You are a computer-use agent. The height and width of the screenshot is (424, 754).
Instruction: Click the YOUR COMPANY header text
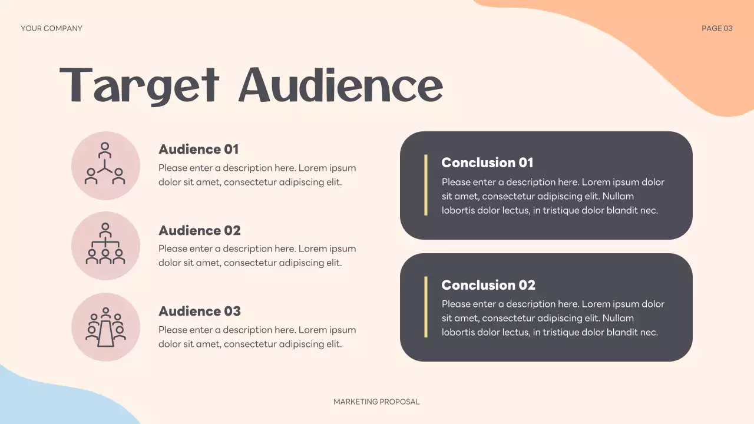[x=51, y=28]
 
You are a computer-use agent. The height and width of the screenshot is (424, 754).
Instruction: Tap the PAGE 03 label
[x=717, y=28]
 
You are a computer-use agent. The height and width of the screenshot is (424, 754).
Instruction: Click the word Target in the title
[x=140, y=87]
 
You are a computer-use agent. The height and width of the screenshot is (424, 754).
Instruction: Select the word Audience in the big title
[x=340, y=85]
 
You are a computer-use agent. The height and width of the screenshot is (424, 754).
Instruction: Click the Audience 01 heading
[x=199, y=150]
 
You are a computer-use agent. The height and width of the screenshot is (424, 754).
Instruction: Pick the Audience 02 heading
[x=200, y=230]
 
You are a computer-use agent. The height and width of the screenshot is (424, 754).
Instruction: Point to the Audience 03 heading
[x=200, y=311]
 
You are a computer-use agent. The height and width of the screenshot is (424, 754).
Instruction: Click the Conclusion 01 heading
[x=487, y=163]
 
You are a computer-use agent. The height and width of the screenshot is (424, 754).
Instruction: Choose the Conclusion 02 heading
[x=488, y=285]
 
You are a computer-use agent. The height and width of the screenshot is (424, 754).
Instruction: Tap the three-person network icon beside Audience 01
[x=105, y=165]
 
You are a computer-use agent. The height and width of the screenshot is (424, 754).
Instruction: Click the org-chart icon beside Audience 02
[x=105, y=246]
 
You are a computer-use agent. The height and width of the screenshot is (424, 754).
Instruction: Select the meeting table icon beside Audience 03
[x=105, y=327]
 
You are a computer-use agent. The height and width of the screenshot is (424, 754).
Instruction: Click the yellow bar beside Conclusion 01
[x=425, y=185]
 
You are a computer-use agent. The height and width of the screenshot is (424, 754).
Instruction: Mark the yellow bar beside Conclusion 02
[x=425, y=307]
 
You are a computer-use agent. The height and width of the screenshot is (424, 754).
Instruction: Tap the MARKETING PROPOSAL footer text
[x=376, y=402]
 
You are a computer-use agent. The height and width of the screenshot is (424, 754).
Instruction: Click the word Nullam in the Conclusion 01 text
[x=618, y=196]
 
